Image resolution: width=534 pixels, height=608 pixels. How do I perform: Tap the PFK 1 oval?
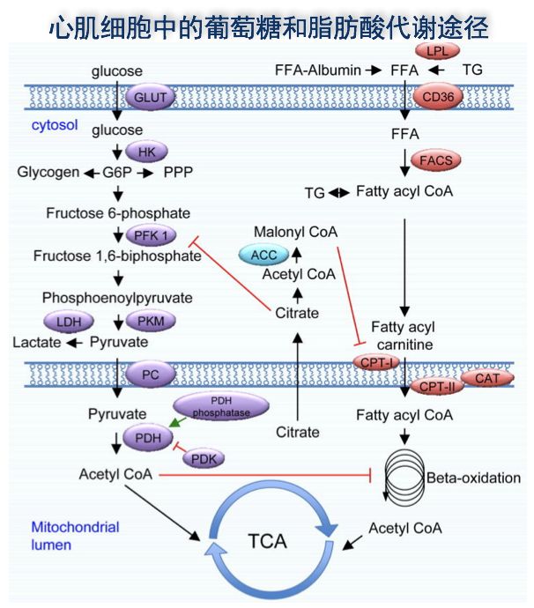(152, 235)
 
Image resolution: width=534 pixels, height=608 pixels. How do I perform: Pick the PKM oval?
(152, 321)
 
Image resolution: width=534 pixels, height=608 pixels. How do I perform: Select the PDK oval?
(204, 457)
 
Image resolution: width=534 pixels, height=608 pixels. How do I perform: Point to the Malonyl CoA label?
(296, 232)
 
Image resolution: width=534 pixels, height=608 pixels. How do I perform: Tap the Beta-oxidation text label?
(473, 478)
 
